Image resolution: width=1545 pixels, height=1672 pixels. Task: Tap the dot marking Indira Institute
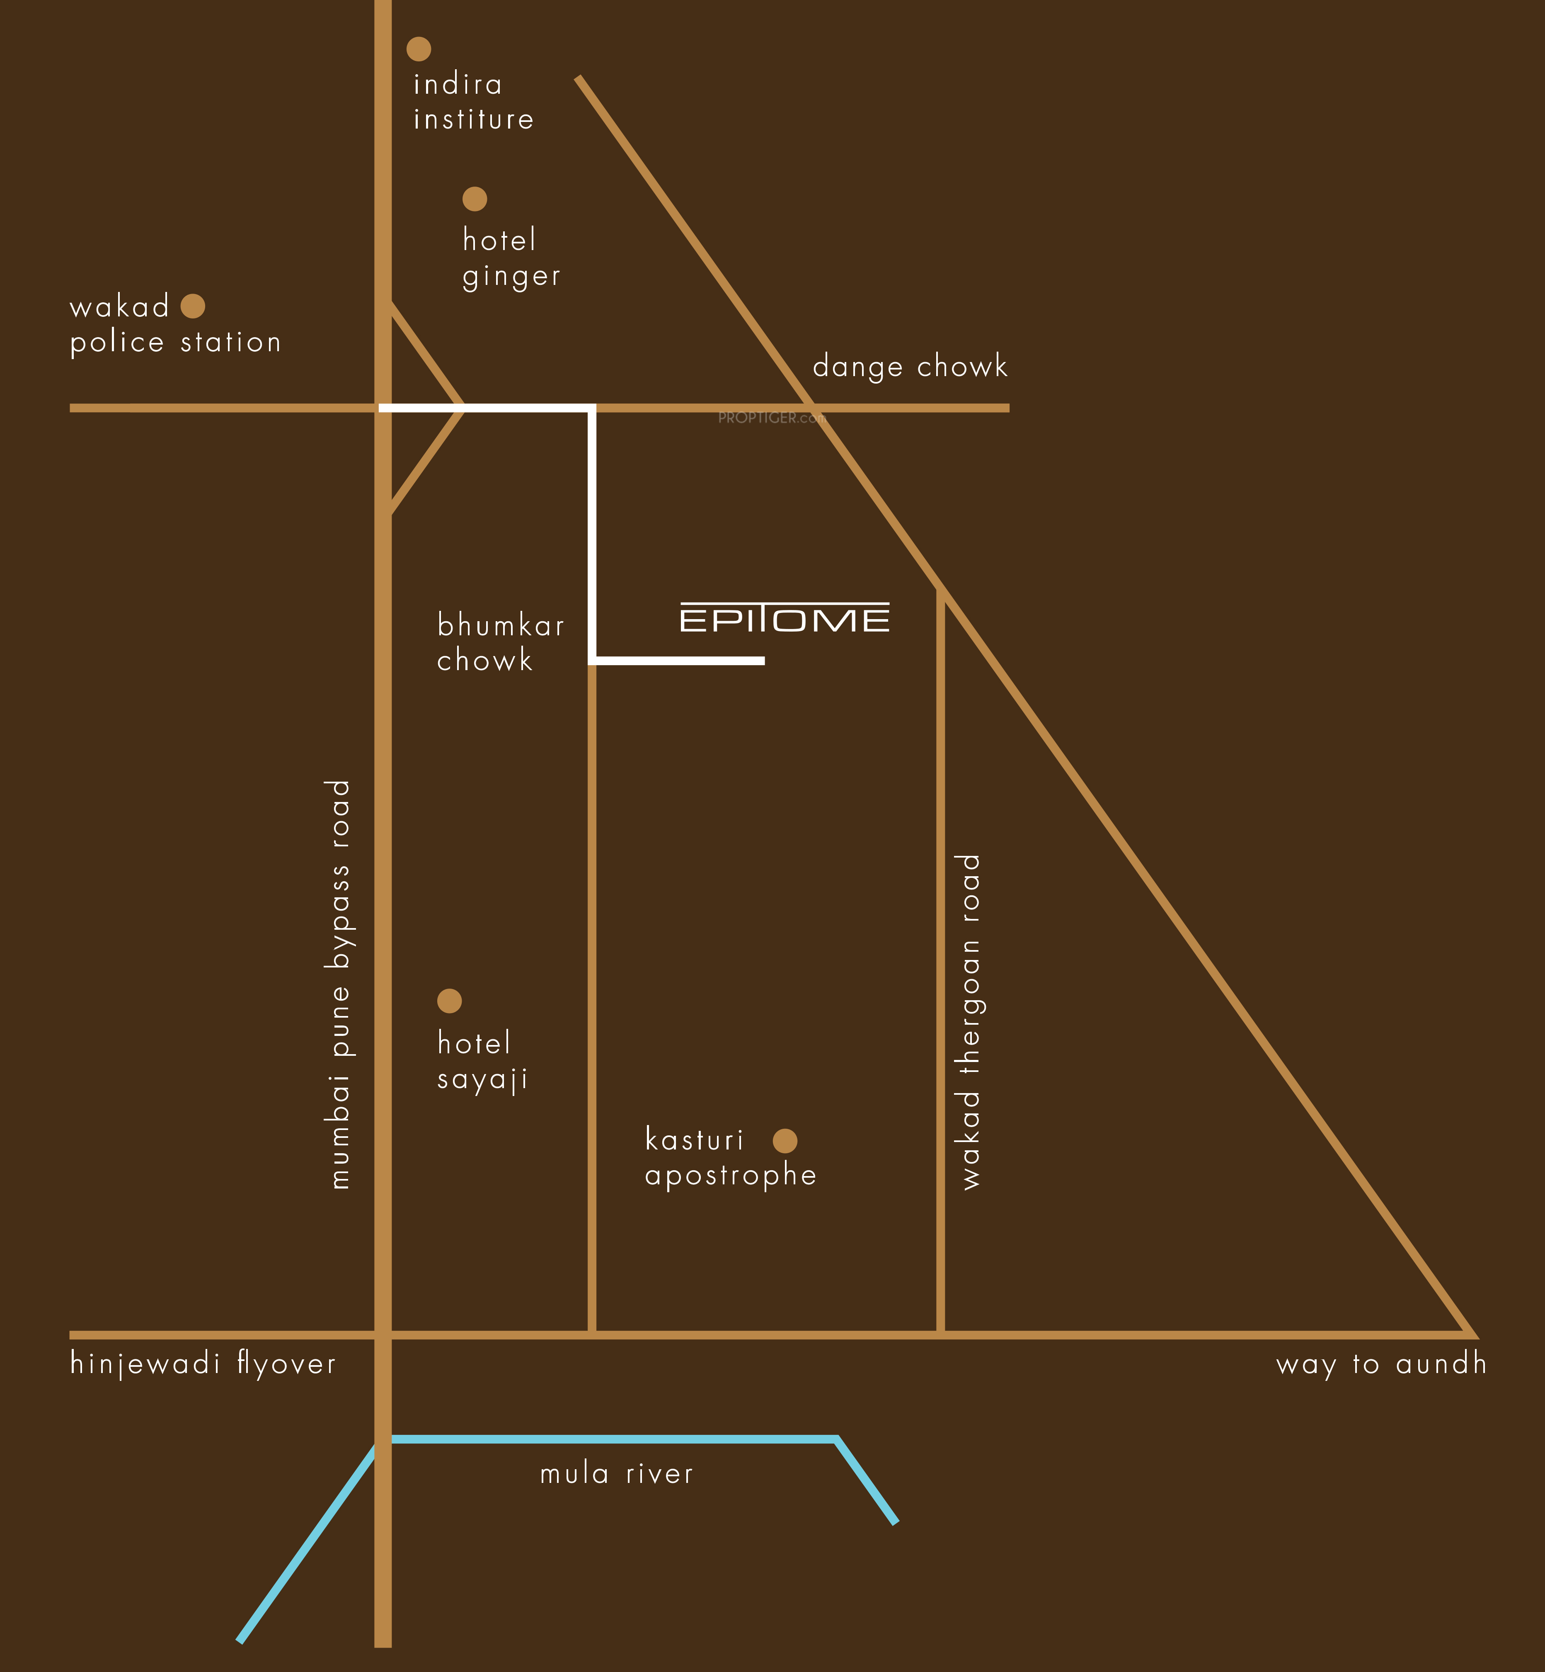[x=419, y=49]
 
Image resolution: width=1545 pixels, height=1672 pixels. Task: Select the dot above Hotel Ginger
[x=475, y=199]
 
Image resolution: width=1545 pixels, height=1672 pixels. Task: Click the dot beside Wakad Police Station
[x=193, y=306]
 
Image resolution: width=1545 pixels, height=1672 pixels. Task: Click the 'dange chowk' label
[x=910, y=366]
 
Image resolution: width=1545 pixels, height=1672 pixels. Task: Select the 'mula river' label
[x=616, y=1473]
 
